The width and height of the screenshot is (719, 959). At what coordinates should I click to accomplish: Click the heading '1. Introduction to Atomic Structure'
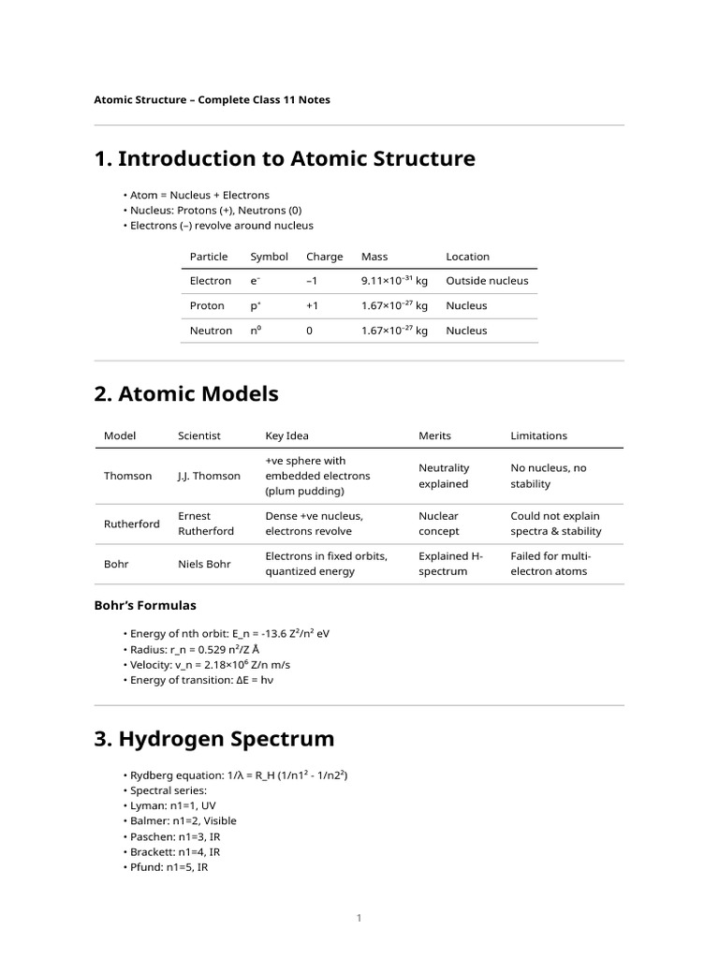point(285,159)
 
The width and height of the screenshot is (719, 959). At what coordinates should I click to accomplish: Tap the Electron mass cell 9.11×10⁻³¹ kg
point(394,281)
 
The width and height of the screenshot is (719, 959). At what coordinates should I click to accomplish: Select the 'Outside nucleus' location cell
point(487,281)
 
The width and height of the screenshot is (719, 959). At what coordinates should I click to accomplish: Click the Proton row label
point(207,306)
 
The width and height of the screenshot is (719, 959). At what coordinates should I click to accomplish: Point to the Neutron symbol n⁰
point(255,331)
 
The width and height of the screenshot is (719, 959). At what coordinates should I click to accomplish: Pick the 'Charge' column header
point(324,257)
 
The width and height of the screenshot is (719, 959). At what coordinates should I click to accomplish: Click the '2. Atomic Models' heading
point(186,394)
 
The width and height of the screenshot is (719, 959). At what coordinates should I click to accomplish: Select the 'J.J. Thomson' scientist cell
point(209,476)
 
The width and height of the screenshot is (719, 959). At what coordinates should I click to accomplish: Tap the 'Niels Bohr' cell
point(203,564)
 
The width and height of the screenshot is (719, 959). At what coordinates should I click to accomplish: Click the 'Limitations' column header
point(538,435)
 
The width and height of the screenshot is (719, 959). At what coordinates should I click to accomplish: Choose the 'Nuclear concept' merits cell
point(438,524)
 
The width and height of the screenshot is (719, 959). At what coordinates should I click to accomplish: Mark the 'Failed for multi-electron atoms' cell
point(550,564)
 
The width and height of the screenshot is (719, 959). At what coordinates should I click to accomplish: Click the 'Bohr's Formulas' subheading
point(145,606)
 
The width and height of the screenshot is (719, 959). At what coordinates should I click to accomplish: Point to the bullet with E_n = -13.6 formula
point(228,634)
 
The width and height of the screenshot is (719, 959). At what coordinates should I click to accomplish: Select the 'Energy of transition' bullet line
point(201,680)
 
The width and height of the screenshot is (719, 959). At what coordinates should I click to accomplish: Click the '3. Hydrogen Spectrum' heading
point(213,739)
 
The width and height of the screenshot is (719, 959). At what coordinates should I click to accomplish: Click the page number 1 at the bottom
point(359,919)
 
